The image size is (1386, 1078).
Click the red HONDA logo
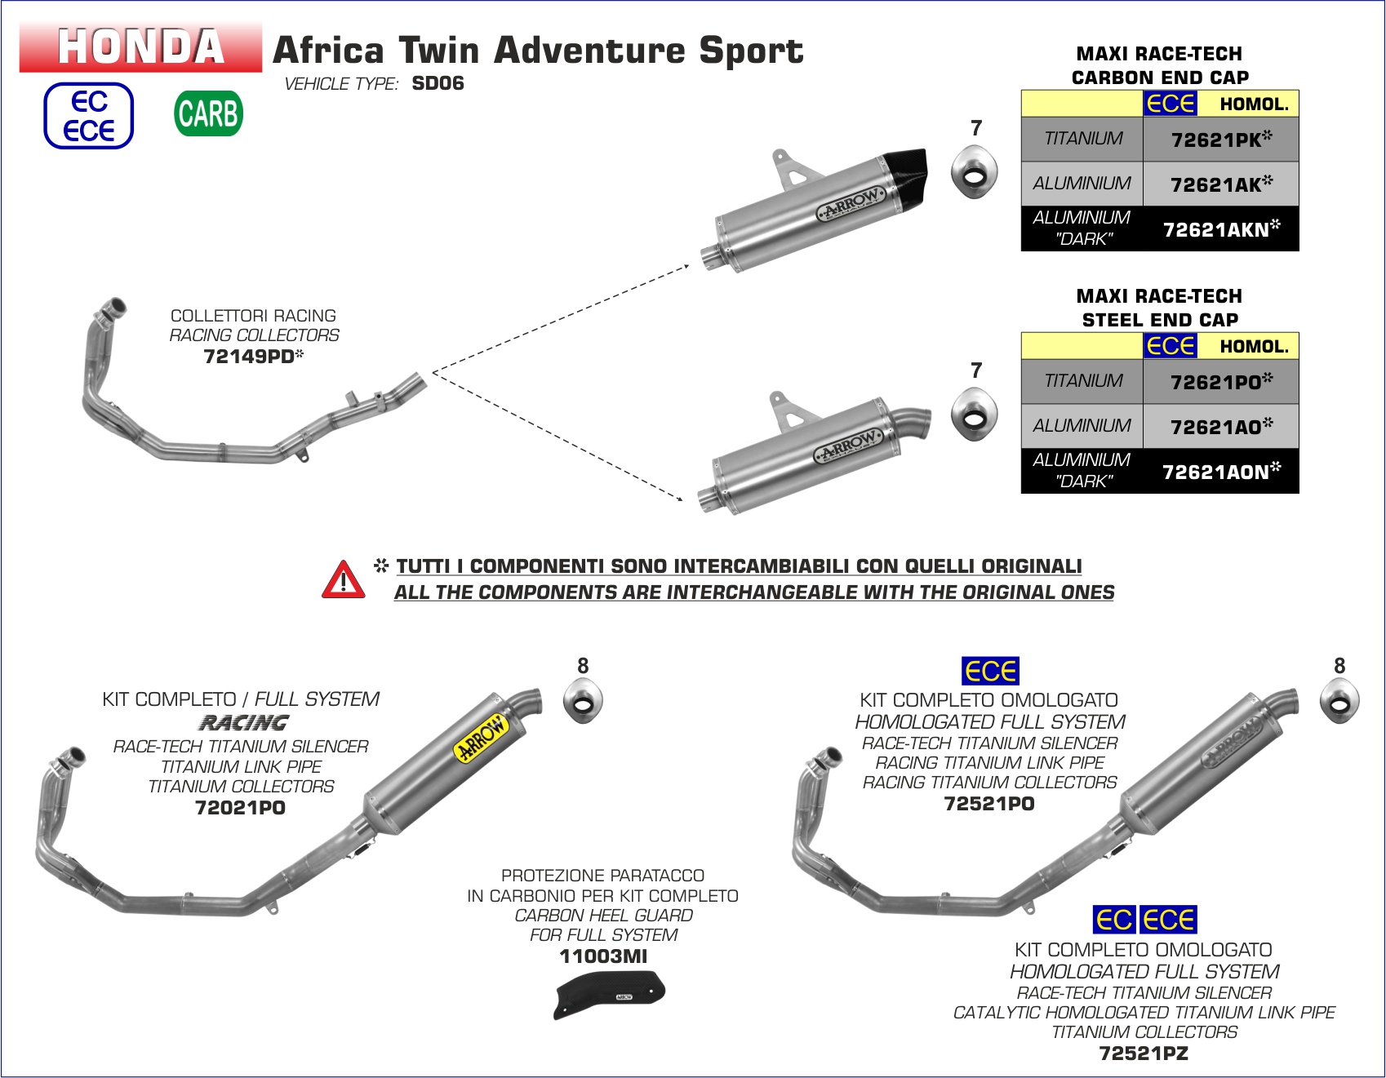click(140, 47)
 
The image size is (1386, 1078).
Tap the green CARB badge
click(208, 113)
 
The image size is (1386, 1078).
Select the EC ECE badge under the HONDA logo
click(88, 116)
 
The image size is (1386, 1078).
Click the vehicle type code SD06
click(438, 83)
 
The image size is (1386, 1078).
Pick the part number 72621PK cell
click(1220, 140)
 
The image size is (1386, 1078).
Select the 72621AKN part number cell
click(1220, 229)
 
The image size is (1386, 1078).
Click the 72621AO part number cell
click(1220, 427)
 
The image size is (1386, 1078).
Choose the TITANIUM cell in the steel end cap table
click(1082, 381)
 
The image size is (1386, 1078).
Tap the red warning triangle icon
click(344, 580)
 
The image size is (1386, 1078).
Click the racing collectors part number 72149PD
click(252, 356)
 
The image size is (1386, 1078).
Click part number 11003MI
click(603, 956)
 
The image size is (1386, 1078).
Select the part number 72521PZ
click(1144, 1054)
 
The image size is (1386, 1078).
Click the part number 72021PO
click(240, 808)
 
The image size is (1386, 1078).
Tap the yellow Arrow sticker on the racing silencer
click(482, 737)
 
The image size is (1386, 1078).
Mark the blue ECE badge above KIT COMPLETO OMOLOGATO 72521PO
click(990, 671)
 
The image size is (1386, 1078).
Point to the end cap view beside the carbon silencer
click(974, 172)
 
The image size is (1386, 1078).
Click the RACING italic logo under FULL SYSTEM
click(243, 723)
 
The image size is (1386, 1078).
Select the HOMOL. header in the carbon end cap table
click(1254, 104)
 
